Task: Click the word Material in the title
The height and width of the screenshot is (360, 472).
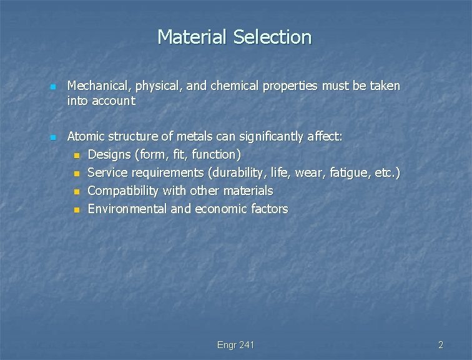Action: pos(192,37)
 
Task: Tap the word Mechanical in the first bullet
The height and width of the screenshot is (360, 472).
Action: pos(98,86)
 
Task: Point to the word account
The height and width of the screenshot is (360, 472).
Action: pos(114,101)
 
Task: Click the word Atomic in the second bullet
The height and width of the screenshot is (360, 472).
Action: pos(86,136)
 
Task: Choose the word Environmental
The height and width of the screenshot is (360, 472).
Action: pos(127,209)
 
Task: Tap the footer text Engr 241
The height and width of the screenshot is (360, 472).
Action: pos(235,345)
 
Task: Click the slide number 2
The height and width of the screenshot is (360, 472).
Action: pos(440,345)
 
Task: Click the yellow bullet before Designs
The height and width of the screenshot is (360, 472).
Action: pos(76,155)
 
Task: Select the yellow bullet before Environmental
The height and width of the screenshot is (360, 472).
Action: pos(76,209)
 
